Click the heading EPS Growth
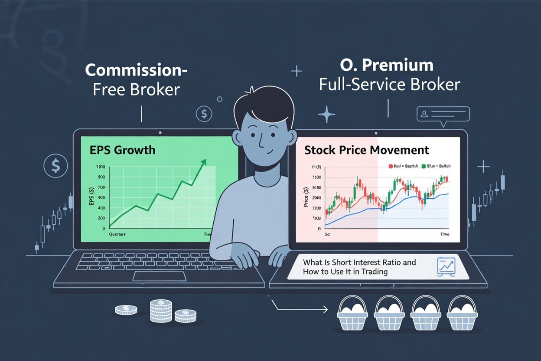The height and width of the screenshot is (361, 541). [123, 150]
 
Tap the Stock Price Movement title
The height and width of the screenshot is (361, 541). [366, 150]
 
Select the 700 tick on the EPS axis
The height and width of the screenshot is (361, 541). [101, 187]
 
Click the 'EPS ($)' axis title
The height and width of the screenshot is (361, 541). [91, 197]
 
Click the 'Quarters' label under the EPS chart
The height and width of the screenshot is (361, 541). [117, 234]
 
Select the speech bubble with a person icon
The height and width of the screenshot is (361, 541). [443, 114]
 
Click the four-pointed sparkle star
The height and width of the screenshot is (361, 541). [326, 115]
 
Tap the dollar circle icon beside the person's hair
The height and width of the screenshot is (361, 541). [204, 114]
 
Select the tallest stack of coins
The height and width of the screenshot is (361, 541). [161, 310]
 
